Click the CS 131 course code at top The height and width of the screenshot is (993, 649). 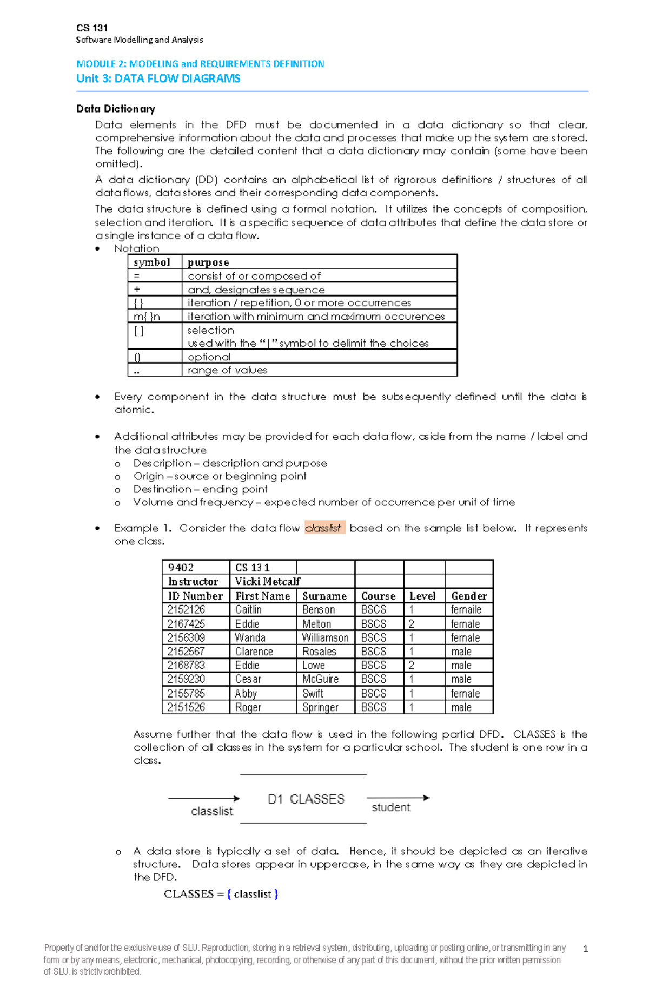[x=92, y=28]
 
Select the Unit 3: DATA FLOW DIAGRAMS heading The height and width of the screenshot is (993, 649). [x=158, y=78]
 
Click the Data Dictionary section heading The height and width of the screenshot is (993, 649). [x=116, y=109]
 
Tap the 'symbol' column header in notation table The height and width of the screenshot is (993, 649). [x=152, y=262]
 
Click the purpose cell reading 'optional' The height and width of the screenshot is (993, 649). [x=209, y=357]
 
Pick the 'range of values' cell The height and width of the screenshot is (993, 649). [x=227, y=370]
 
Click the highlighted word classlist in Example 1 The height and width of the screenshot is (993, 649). [x=323, y=528]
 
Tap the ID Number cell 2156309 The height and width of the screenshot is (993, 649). [x=186, y=637]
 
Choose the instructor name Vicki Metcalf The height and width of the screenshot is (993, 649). [x=268, y=581]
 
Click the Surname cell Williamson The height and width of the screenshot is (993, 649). [x=325, y=637]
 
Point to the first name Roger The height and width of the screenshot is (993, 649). [x=248, y=707]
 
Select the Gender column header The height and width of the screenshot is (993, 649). [x=469, y=596]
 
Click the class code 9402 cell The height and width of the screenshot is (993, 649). [x=181, y=567]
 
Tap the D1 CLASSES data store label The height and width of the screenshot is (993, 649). [x=306, y=799]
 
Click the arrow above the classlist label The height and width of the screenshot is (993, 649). [x=203, y=798]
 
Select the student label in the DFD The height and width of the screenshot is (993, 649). [x=390, y=807]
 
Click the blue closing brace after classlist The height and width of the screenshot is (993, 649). [x=276, y=894]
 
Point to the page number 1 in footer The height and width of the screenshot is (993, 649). [x=585, y=949]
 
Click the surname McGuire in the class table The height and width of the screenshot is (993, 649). [x=320, y=679]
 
